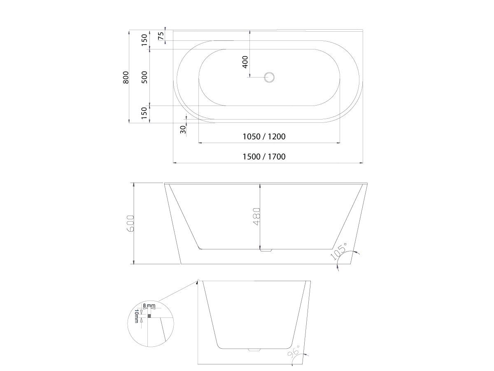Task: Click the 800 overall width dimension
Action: coord(126,77)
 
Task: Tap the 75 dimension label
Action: coord(161,35)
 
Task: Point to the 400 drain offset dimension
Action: coord(245,61)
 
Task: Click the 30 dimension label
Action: coord(183,129)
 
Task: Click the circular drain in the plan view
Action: coord(270,77)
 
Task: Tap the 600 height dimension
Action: coord(130,224)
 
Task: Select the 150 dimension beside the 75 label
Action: coord(144,40)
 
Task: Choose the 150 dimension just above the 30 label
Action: coord(144,113)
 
